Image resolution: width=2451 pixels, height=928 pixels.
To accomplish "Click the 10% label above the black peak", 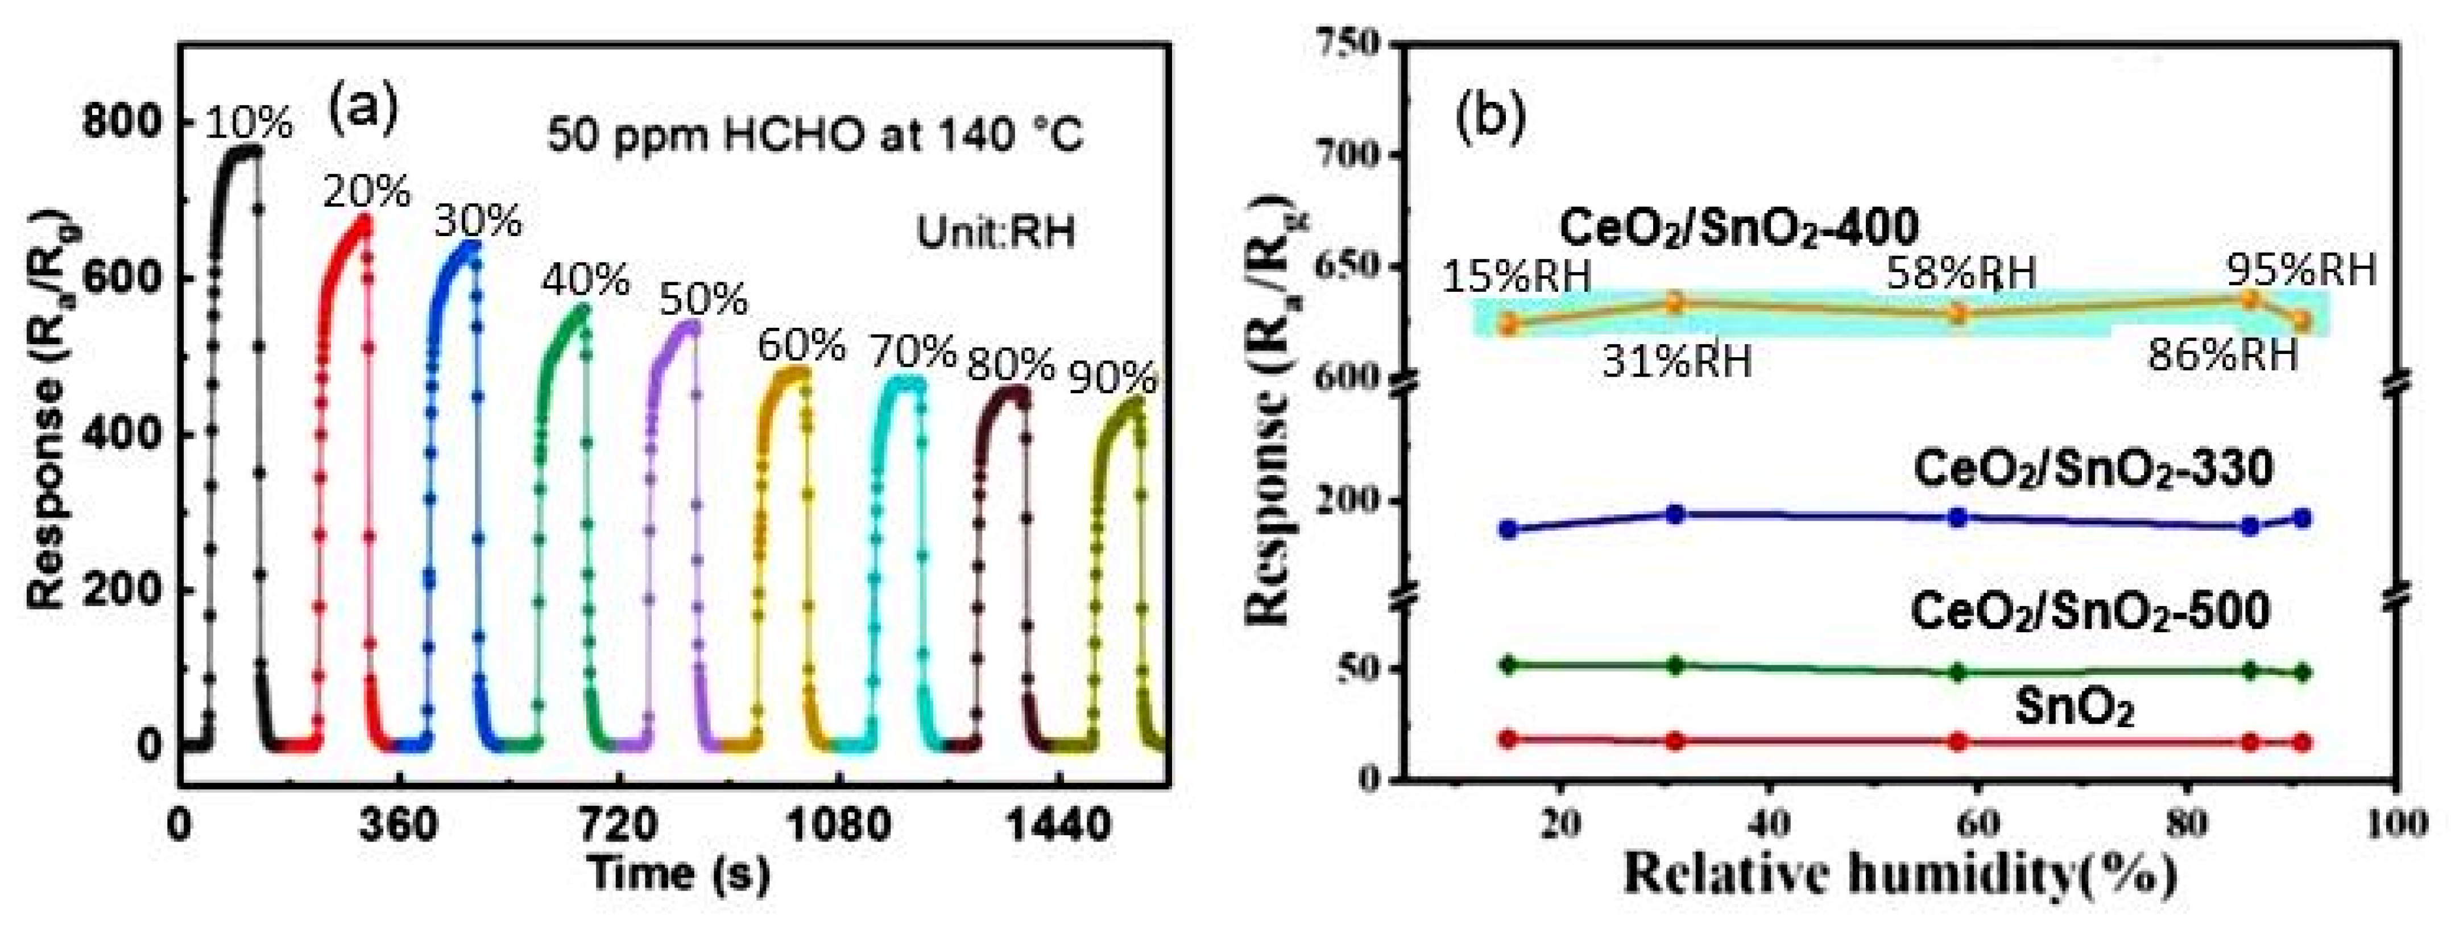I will click(249, 123).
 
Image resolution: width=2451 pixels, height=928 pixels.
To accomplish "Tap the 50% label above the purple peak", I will click(704, 301).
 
